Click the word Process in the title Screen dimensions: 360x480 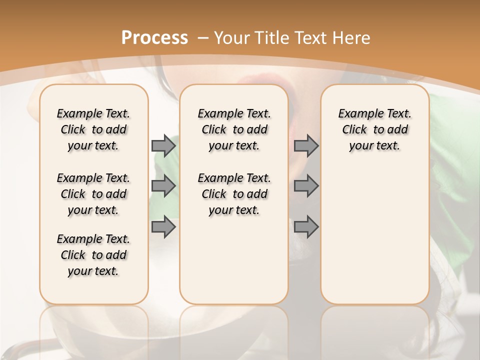(x=154, y=37)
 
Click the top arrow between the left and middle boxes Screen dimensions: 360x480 (x=163, y=145)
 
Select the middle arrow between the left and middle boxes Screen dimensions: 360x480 (x=163, y=186)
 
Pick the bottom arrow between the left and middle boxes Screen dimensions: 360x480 (x=163, y=227)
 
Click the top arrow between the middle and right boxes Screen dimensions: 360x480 (x=306, y=145)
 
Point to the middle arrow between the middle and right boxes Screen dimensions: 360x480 (x=306, y=186)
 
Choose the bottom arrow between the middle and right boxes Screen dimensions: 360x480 (x=306, y=227)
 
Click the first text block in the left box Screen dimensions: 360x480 (x=93, y=129)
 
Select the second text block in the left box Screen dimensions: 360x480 (x=93, y=194)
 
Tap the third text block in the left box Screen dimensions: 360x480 (x=93, y=255)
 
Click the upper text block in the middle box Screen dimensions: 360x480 (x=234, y=129)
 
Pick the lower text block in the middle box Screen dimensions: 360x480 (x=234, y=194)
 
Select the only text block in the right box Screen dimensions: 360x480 (x=374, y=129)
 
